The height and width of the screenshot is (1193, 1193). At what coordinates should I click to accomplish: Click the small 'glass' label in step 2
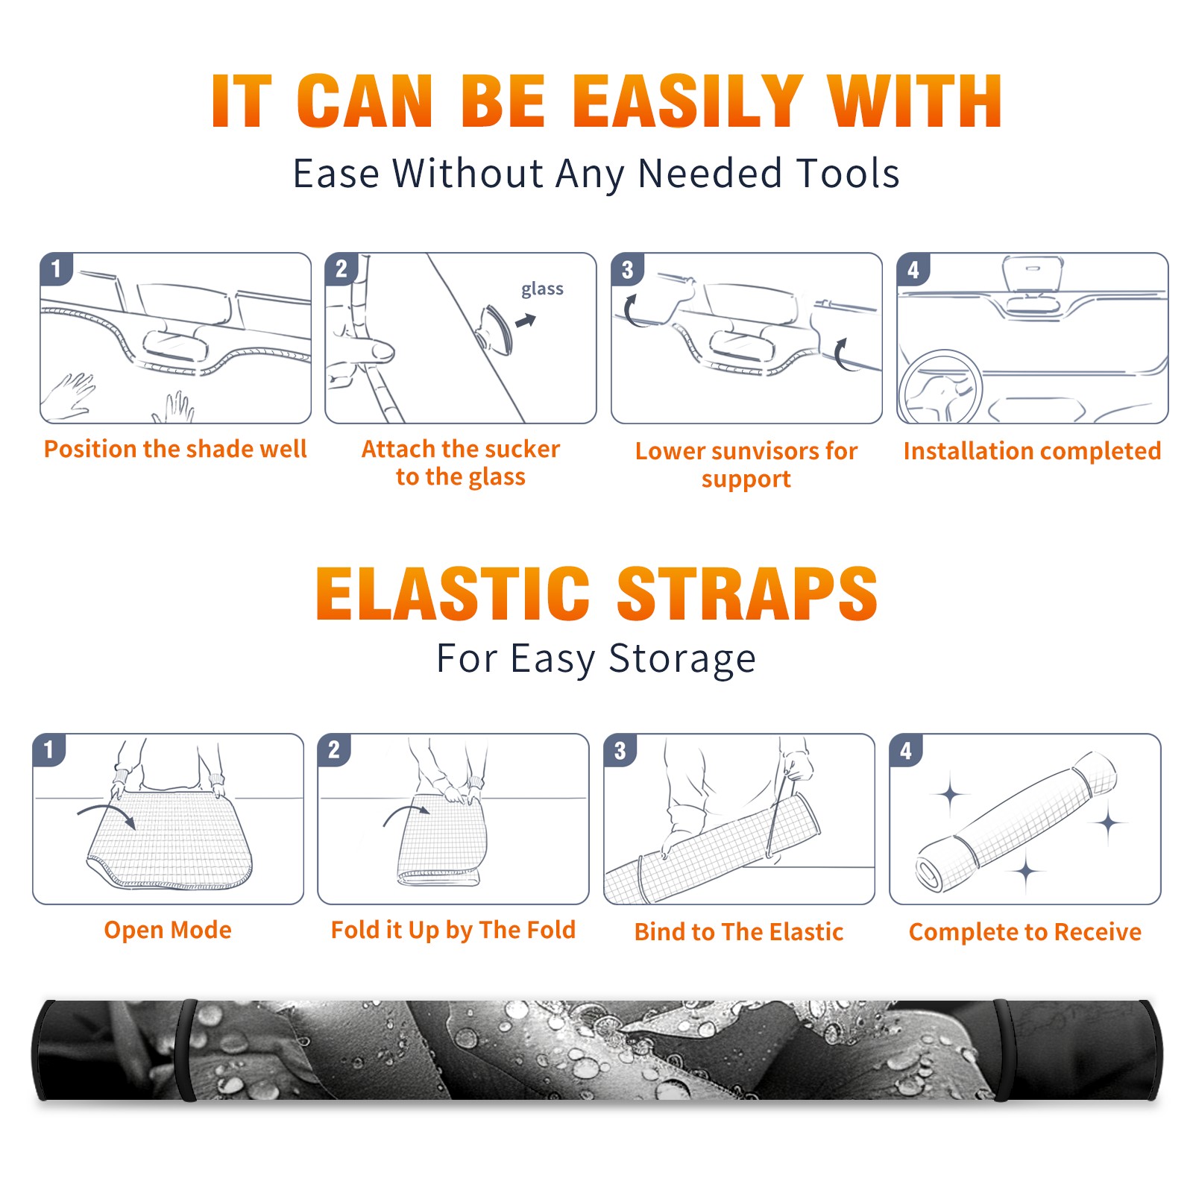pyautogui.click(x=542, y=289)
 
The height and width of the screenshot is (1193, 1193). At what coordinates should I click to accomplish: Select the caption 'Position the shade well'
pyautogui.click(x=175, y=449)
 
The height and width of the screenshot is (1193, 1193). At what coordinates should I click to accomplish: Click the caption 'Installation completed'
pyautogui.click(x=1032, y=450)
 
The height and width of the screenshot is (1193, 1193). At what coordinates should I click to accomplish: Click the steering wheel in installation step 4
pyautogui.click(x=940, y=388)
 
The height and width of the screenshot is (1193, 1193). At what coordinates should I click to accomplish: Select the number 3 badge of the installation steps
pyautogui.click(x=627, y=269)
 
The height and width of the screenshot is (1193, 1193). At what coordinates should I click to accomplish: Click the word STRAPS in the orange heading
pyautogui.click(x=747, y=594)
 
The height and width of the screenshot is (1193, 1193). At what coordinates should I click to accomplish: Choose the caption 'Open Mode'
pyautogui.click(x=168, y=930)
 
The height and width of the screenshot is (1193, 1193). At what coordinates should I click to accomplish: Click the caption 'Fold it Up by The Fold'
pyautogui.click(x=453, y=930)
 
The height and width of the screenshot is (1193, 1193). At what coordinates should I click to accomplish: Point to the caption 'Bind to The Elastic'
pyautogui.click(x=739, y=932)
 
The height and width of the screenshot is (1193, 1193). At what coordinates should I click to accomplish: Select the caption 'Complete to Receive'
pyautogui.click(x=1025, y=932)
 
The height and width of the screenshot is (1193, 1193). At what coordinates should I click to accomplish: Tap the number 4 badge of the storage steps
pyautogui.click(x=906, y=750)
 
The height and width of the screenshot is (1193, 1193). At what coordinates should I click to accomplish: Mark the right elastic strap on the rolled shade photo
pyautogui.click(x=1001, y=1050)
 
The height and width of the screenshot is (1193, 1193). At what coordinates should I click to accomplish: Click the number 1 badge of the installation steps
pyautogui.click(x=56, y=269)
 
